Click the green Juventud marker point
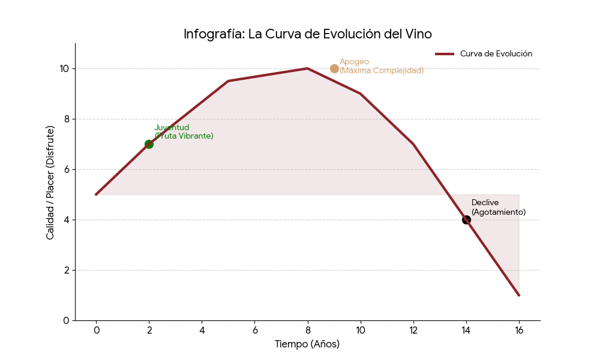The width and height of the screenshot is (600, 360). [x=149, y=144]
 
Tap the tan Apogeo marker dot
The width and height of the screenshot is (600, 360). [x=334, y=68]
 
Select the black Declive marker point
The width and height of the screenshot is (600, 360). [x=466, y=220]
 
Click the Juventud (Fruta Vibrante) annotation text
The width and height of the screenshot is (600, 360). [x=184, y=132]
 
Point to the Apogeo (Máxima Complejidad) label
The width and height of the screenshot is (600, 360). [x=381, y=66]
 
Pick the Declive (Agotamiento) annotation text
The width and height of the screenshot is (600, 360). [x=498, y=208]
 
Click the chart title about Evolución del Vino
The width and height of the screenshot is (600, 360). [x=307, y=34]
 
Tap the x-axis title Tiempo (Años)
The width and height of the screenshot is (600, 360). [x=307, y=344]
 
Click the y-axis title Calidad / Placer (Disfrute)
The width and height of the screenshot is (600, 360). [x=50, y=182]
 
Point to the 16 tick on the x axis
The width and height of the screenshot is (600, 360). [x=519, y=329]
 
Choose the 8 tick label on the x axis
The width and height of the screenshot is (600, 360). [x=308, y=329]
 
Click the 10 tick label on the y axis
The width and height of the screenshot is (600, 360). [x=64, y=68]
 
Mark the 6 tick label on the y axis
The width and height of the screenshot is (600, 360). [x=67, y=169]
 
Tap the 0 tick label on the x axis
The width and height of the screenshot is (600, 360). [x=96, y=329]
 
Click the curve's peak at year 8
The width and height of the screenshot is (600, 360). [x=308, y=68]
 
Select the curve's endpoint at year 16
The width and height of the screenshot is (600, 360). [x=519, y=295]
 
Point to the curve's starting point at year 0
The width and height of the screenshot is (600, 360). [x=96, y=194]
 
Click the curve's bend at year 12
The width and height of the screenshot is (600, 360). [x=413, y=144]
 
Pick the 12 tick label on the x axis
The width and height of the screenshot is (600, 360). [x=413, y=329]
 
